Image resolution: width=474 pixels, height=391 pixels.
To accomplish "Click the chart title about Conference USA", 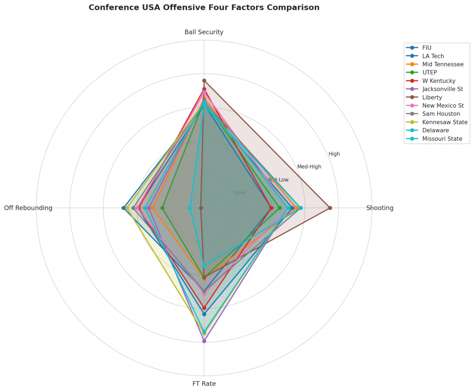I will click(204, 7).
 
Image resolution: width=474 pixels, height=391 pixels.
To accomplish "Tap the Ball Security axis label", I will click(204, 32).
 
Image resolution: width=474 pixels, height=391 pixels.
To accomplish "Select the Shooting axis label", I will click(380, 208).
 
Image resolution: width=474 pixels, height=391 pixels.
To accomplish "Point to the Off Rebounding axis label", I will click(28, 208).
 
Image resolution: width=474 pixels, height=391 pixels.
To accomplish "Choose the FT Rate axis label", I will click(204, 384).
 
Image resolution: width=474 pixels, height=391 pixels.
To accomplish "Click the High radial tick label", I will click(334, 154).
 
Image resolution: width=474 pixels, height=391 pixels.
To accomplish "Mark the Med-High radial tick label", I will click(309, 167).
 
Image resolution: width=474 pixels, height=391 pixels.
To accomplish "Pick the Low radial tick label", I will click(240, 192).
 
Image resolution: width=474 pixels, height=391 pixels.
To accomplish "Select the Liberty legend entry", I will click(432, 97).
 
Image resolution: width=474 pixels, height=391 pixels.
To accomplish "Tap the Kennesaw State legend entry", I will click(444, 122).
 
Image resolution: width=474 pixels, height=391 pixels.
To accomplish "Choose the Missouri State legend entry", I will click(442, 139).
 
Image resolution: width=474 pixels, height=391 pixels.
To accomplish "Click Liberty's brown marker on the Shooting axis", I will click(330, 208).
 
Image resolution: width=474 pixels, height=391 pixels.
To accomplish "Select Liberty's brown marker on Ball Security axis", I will click(204, 81).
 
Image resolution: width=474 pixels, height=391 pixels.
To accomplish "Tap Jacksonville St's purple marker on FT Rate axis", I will click(204, 341).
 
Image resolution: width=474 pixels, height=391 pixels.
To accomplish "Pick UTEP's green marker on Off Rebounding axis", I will click(162, 208).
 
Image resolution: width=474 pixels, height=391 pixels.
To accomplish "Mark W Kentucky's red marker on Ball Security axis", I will click(204, 89).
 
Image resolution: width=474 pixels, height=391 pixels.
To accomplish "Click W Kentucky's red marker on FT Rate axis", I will click(204, 308).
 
